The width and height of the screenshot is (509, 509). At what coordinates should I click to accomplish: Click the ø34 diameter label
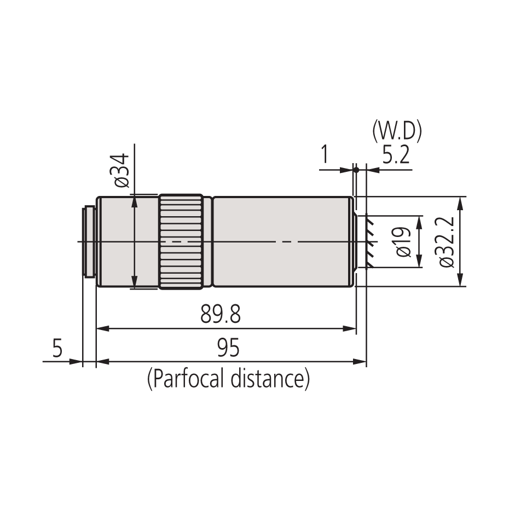pos(123,170)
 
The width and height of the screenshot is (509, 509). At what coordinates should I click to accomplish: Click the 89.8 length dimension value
pos(221,315)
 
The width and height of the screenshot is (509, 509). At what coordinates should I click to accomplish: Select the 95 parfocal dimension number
pos(228,348)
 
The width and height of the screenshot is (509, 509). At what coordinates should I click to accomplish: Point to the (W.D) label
pos(396,131)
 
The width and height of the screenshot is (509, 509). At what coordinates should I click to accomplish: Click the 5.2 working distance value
pos(396,157)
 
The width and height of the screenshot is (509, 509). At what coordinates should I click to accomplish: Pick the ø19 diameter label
pos(403,241)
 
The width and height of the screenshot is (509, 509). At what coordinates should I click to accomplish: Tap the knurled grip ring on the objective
pos(181,241)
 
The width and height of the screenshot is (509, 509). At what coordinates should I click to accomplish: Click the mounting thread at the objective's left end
pos(89,241)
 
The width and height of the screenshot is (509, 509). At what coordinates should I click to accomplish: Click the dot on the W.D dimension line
pos(356,170)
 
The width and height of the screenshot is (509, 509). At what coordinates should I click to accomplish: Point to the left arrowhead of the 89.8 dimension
pos(102,328)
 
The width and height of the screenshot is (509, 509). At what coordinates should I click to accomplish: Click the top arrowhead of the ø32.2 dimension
pos(460,201)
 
